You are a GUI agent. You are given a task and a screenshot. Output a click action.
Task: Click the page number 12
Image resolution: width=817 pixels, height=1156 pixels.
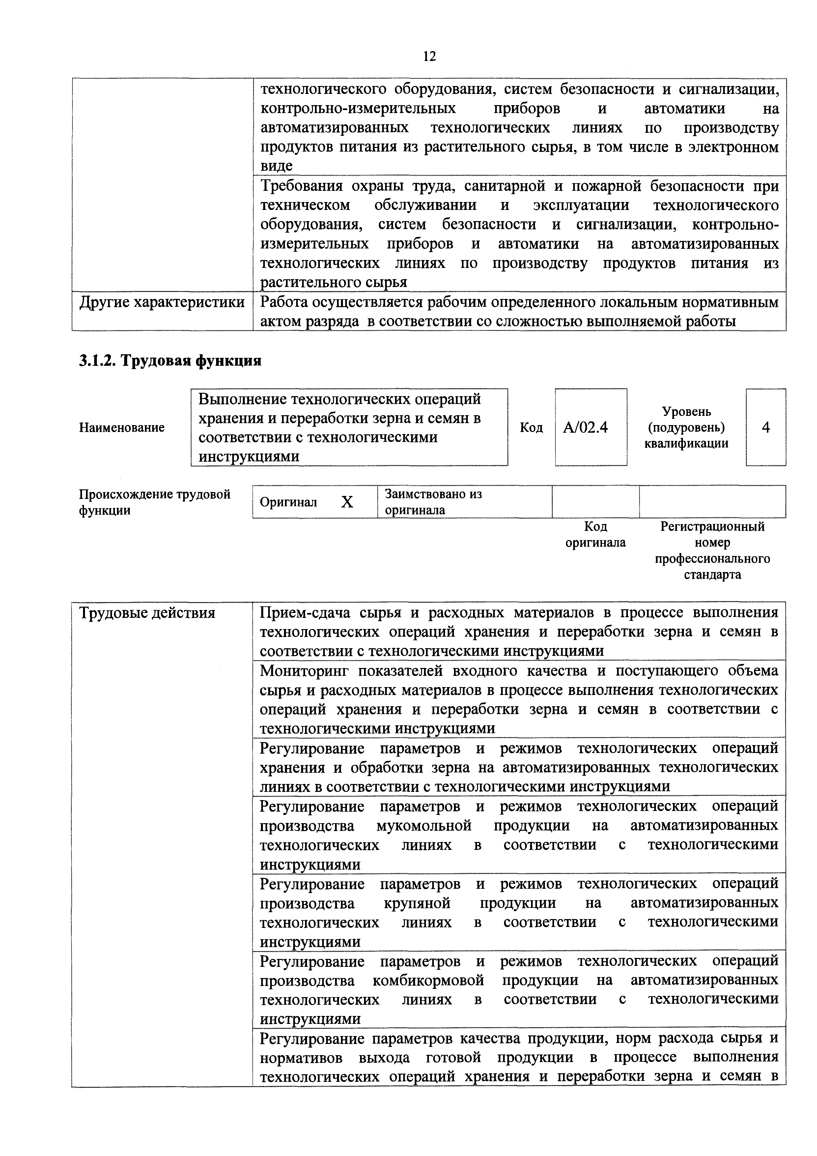[429, 56]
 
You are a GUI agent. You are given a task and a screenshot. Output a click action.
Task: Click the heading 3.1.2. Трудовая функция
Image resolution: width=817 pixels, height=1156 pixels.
[170, 361]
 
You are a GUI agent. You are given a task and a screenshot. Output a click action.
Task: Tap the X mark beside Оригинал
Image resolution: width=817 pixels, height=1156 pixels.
[347, 502]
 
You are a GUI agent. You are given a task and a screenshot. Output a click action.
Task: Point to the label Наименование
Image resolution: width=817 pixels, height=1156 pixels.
[122, 427]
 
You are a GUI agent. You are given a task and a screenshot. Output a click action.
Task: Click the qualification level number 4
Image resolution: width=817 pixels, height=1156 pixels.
[765, 427]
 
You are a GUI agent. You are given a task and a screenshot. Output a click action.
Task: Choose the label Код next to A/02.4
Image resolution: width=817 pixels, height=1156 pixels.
[531, 427]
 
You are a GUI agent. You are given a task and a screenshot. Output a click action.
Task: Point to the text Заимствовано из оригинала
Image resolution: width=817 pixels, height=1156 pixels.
[433, 502]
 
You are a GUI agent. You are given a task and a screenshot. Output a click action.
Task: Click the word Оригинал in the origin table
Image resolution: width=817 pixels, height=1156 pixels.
[289, 502]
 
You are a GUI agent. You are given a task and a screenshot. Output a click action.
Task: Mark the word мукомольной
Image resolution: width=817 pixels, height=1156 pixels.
[424, 826]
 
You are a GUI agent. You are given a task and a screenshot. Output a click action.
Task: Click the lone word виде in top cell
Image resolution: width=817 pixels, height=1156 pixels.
[276, 166]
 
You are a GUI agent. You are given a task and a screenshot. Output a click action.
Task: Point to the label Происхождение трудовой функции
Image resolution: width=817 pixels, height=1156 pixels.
[155, 502]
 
